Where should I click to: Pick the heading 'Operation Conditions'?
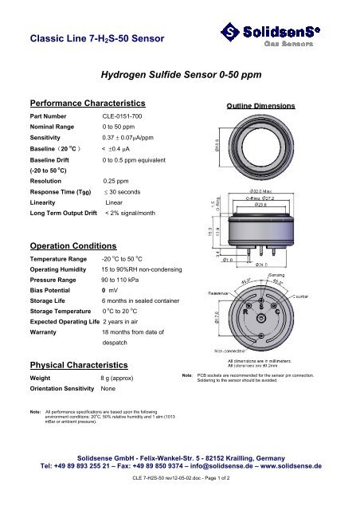click(74, 245)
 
